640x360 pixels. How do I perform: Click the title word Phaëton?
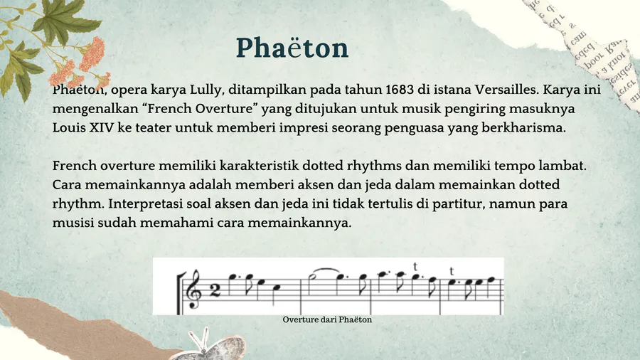click(292, 48)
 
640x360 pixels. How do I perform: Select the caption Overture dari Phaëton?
click(327, 319)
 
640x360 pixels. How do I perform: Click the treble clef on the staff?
click(193, 289)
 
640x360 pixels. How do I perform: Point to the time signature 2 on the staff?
click(215, 290)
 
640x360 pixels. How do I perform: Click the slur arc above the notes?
click(325, 270)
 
